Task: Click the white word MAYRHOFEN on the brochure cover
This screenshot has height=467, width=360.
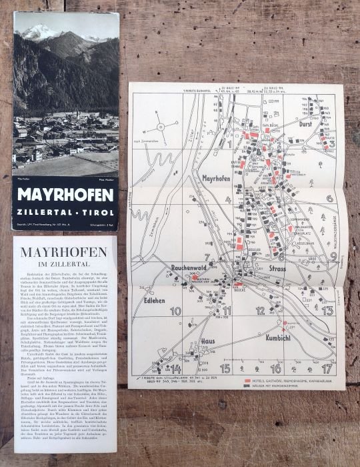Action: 65,197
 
